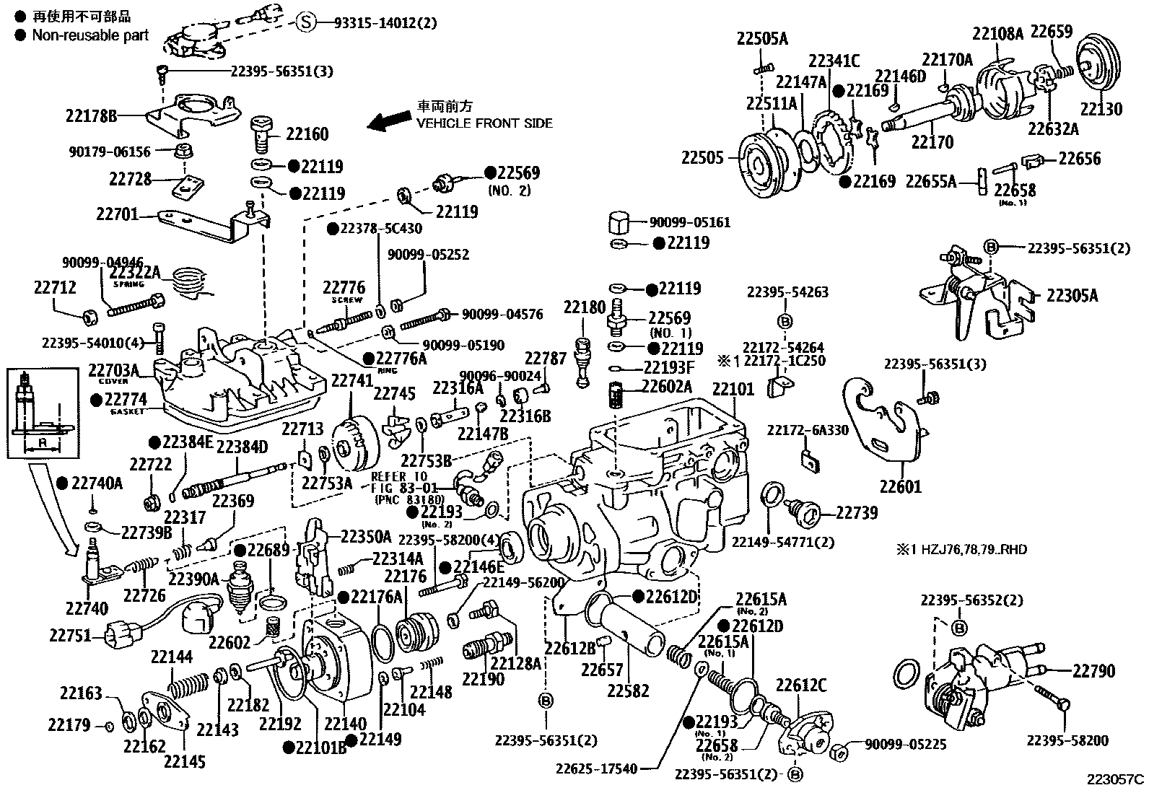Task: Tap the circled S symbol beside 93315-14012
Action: [x=306, y=23]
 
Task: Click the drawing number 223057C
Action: [x=1116, y=779]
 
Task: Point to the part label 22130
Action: [x=1101, y=109]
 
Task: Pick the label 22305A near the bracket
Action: [x=1072, y=296]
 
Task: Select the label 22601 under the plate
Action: [x=900, y=487]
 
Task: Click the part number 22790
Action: [x=1093, y=671]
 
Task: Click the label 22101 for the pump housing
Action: [x=733, y=390]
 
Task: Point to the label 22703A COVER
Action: [x=119, y=372]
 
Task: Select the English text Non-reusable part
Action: [x=90, y=35]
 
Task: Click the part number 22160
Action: [x=307, y=134]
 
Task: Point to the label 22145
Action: [x=184, y=761]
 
